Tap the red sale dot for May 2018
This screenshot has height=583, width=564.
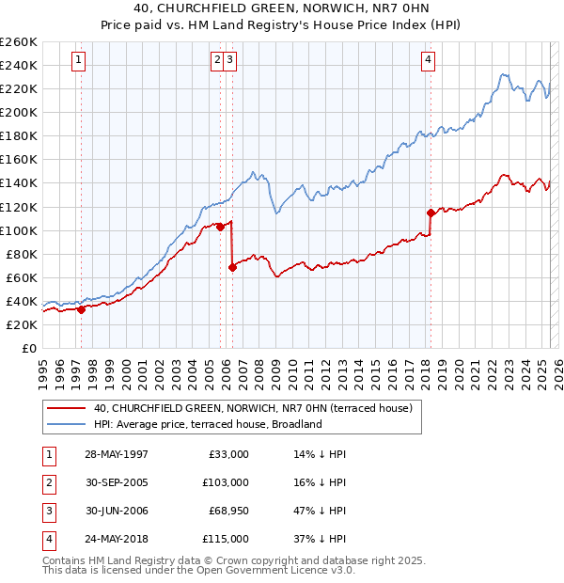tap(431, 213)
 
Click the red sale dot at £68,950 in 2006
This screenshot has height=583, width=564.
tap(232, 267)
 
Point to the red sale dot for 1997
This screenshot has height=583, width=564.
tap(81, 309)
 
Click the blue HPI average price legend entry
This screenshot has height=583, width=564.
tap(208, 424)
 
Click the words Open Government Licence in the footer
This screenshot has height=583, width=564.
tap(282, 570)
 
